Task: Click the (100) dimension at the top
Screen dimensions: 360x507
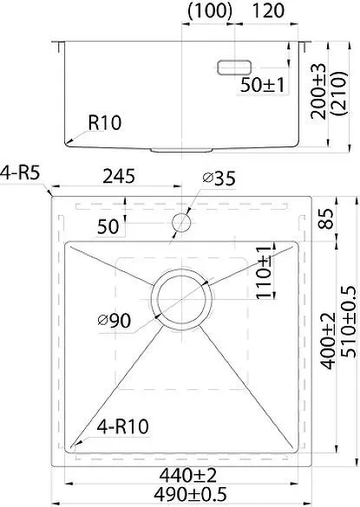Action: [x=210, y=10]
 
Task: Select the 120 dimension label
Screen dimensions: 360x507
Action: [x=268, y=10]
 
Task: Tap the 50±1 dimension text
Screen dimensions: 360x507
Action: [x=262, y=85]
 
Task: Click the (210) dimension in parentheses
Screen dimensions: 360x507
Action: [x=339, y=94]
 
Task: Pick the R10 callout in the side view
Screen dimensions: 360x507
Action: [x=105, y=123]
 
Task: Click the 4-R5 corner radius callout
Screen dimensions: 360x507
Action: [x=20, y=172]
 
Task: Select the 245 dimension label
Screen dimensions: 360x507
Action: [x=119, y=176]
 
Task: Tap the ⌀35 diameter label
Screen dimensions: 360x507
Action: [x=219, y=179]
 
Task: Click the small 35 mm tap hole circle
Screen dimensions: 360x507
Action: [x=181, y=223]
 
